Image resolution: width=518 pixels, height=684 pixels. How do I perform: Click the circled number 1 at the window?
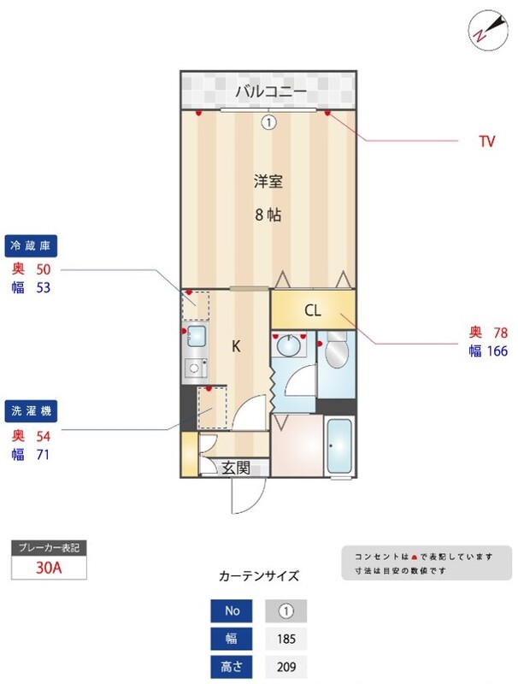pyautogui.click(x=268, y=122)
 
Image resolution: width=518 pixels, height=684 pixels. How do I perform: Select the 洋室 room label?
pyautogui.click(x=268, y=181)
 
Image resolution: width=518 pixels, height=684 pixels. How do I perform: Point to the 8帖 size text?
pyautogui.click(x=268, y=215)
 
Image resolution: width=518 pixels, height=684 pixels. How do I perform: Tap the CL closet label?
pyautogui.click(x=313, y=310)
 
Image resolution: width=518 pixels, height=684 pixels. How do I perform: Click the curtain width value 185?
pyautogui.click(x=285, y=639)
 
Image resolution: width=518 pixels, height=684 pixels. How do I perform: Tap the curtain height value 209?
pyautogui.click(x=285, y=667)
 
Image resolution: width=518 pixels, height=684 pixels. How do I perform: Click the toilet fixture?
pyautogui.click(x=335, y=351)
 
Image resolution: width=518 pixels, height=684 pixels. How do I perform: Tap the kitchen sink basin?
pyautogui.click(x=196, y=334)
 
